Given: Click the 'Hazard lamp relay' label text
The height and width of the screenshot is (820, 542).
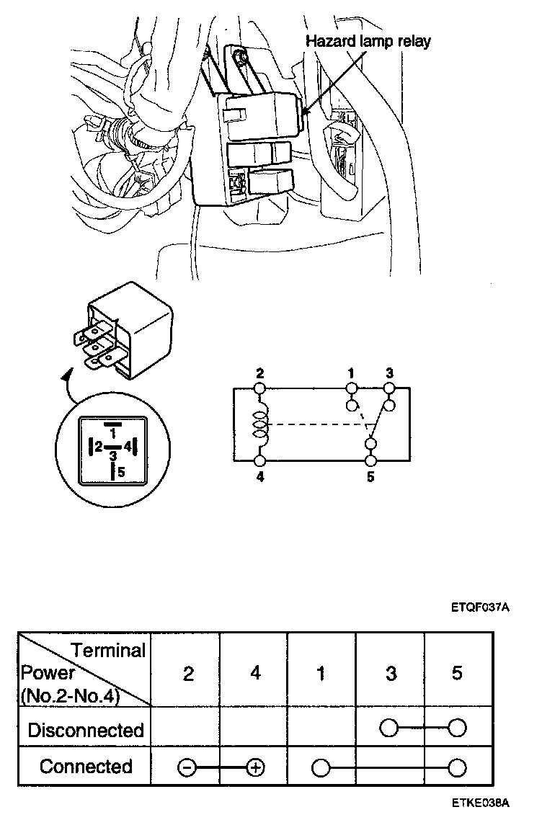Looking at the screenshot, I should [368, 41].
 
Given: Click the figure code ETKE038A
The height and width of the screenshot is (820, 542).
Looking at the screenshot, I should [481, 803].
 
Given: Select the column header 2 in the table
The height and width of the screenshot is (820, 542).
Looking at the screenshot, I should [188, 674].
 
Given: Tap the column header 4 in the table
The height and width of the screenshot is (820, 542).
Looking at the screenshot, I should [254, 674].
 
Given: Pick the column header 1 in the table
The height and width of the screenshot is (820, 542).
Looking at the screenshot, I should [321, 674].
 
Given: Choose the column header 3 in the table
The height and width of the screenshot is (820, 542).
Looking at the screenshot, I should [390, 674].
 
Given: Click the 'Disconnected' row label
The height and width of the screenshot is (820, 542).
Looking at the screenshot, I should [86, 730].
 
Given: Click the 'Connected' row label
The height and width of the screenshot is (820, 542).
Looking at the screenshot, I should [86, 767].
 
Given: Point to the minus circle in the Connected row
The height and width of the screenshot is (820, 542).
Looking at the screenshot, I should [185, 768].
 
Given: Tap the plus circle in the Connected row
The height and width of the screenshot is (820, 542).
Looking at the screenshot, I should [254, 768].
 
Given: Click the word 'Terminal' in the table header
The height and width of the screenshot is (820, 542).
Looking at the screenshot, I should [108, 651].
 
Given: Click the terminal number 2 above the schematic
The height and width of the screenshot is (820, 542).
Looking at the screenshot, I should [260, 373].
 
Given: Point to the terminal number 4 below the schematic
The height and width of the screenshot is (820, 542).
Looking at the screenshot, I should [260, 476].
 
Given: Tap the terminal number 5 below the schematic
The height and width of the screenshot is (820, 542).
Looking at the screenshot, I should [370, 476].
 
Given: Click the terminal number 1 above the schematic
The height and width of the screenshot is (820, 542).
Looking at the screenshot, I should [351, 373].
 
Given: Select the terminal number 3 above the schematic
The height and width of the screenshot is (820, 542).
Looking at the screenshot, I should [389, 373].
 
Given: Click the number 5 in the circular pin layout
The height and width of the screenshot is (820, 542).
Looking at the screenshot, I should [121, 473].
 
